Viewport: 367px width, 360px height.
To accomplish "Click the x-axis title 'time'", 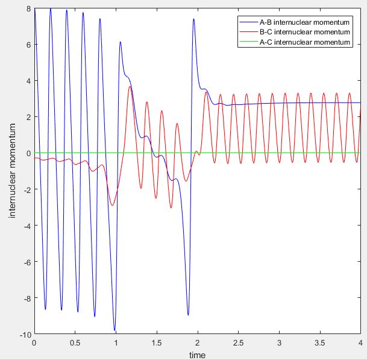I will click(x=196, y=355).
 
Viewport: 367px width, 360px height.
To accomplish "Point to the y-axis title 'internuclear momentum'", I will click(x=13, y=171).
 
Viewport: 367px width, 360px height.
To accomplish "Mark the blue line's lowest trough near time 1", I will click(x=114, y=330).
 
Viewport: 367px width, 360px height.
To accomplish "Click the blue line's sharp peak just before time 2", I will click(x=193, y=19).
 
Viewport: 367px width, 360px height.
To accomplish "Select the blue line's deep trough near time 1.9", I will click(x=188, y=315).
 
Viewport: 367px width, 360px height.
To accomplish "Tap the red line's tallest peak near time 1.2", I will click(x=130, y=87).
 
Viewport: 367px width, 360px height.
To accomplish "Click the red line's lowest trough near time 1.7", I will click(x=171, y=208).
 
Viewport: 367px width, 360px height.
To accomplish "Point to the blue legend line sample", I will click(x=248, y=22).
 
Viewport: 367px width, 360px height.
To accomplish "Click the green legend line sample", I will click(x=248, y=42).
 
